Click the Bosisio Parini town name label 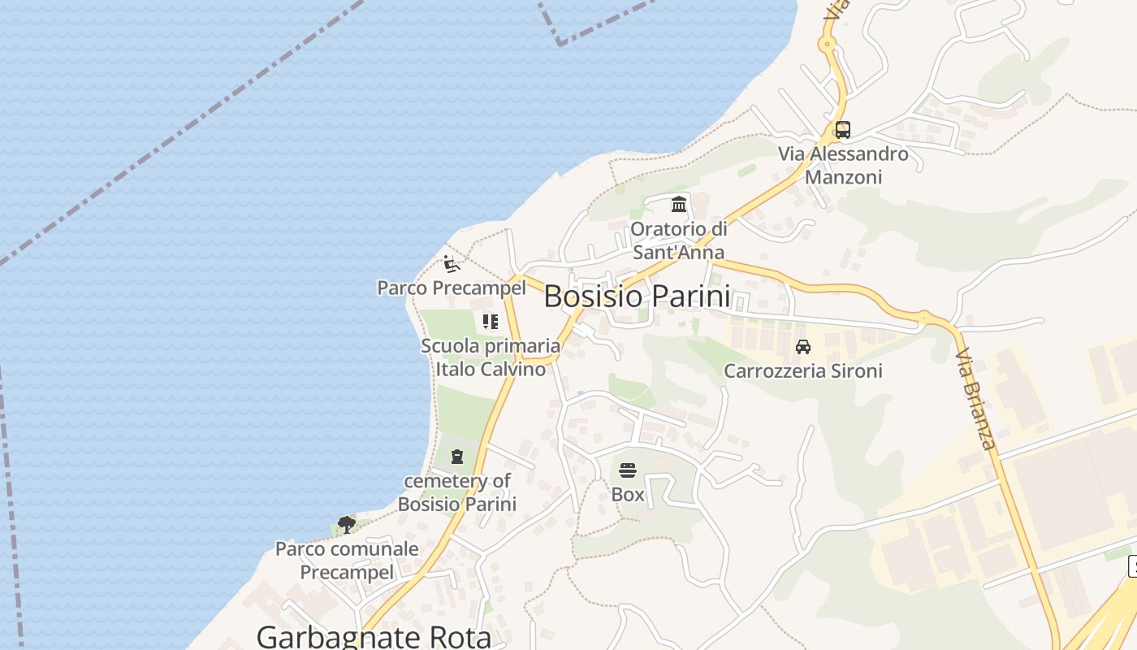[x=637, y=297]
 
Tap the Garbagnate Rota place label [x=374, y=636]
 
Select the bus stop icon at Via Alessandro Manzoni [x=843, y=129]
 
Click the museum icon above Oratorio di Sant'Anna [x=679, y=203]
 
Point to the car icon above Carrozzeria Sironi [x=803, y=347]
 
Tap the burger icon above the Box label [x=628, y=470]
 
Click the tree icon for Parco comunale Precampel [x=347, y=524]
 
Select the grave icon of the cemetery [x=457, y=457]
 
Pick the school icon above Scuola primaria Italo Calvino [x=490, y=322]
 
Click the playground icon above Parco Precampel [x=452, y=263]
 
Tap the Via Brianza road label [x=975, y=400]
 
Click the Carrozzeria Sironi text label [x=802, y=371]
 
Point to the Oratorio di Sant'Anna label [x=678, y=240]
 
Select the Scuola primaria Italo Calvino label [x=491, y=357]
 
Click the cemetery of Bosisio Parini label [x=457, y=492]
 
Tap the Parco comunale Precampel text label [x=347, y=561]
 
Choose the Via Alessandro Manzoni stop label [x=843, y=165]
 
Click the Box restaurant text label [x=628, y=494]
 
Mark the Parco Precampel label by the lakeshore [x=452, y=288]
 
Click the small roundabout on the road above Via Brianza [x=924, y=315]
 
